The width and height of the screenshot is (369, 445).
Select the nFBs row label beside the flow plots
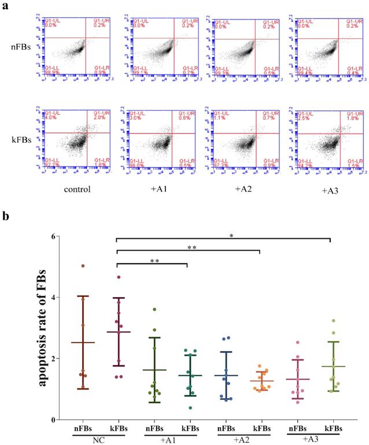[x=22, y=54]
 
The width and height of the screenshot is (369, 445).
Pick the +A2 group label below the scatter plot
[x=241, y=439]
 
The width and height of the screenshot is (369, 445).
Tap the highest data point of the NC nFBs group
[x=83, y=266]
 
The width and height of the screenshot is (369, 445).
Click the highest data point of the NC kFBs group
[x=118, y=277]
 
